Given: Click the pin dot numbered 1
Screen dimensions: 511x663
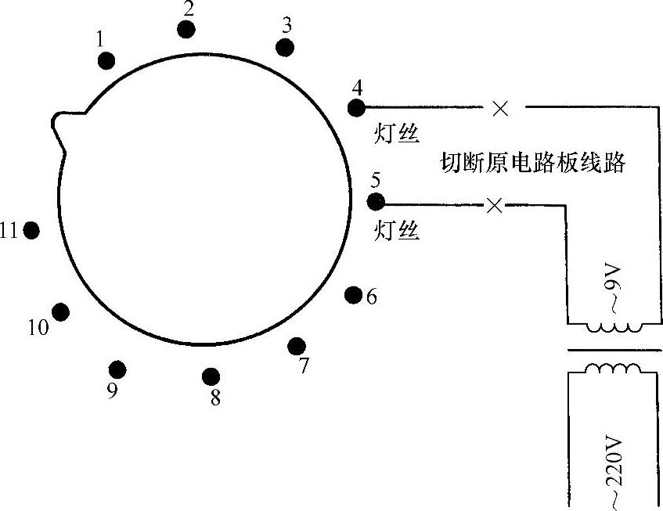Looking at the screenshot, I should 107,61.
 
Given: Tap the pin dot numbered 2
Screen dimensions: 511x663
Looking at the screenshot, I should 186,30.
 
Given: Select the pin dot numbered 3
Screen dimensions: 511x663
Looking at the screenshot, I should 285,47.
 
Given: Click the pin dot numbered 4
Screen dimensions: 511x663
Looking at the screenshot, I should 356,106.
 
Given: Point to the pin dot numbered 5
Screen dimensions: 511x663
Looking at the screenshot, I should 376,202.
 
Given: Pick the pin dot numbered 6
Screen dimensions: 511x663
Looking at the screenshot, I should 353,295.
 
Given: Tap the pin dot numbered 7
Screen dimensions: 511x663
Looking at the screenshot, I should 297,346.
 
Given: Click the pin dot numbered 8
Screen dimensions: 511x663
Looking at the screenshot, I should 210,376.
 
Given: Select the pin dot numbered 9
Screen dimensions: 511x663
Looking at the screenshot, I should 117,369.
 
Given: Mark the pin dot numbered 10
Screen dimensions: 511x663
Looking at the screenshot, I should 60,311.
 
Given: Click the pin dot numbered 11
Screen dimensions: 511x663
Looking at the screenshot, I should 32,230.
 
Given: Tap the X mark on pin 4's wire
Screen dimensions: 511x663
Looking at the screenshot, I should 500,108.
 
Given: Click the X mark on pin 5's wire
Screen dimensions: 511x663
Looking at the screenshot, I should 495,206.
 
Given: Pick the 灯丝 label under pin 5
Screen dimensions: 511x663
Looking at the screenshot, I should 397,230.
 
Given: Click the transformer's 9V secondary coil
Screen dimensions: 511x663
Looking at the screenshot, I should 614,328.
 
